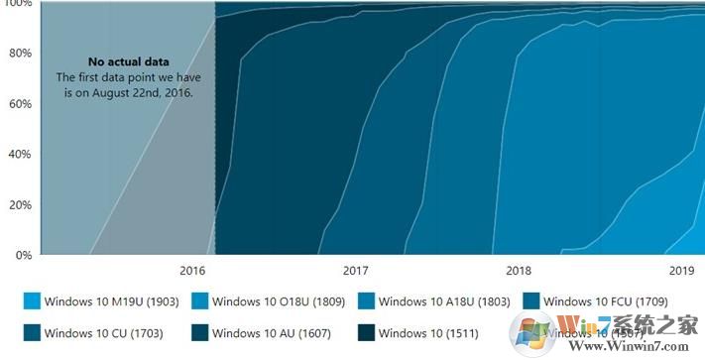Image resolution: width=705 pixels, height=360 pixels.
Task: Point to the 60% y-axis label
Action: (x=19, y=104)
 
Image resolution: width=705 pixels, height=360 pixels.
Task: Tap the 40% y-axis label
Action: (x=19, y=155)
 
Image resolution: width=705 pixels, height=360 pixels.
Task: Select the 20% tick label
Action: (x=19, y=205)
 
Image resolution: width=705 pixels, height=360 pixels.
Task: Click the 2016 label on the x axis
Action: (x=193, y=271)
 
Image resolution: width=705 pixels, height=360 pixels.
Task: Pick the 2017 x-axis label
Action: (x=355, y=271)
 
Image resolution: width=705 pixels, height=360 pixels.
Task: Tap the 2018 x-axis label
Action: (x=518, y=271)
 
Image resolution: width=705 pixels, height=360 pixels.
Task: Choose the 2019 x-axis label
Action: (x=681, y=271)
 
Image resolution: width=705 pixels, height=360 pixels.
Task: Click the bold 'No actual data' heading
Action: (x=126, y=61)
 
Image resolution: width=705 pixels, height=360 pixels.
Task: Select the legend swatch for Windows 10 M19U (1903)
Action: (x=33, y=300)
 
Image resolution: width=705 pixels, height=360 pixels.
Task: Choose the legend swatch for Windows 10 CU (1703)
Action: (x=33, y=332)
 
